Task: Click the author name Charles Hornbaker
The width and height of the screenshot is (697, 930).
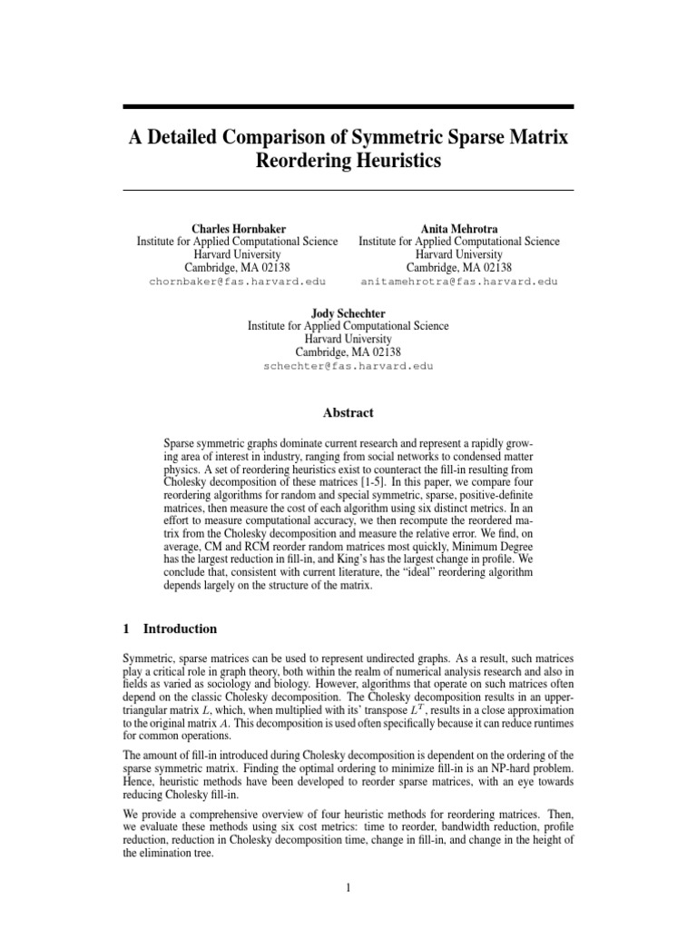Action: [x=237, y=227]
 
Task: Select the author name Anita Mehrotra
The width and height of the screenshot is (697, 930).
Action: [x=458, y=227]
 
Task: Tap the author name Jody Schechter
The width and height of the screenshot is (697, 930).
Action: [x=348, y=312]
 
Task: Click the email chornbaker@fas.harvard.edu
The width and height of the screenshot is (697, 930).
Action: [x=237, y=282]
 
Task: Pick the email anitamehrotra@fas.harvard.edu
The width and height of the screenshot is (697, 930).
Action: [x=458, y=282]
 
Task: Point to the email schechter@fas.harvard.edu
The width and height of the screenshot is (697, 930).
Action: [x=348, y=366]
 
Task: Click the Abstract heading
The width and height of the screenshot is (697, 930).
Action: [x=348, y=412]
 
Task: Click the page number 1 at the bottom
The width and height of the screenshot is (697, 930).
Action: [x=348, y=887]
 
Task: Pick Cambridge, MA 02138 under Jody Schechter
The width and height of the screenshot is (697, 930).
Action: [x=348, y=352]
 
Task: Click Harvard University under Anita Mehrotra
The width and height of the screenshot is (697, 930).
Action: [x=458, y=254]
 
